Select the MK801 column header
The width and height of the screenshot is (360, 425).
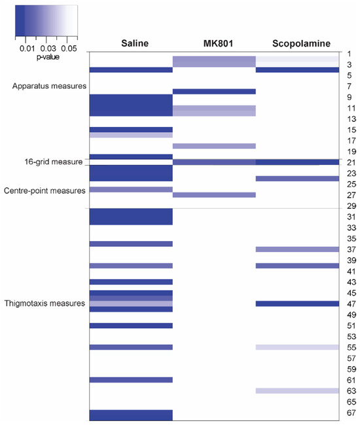click(x=213, y=44)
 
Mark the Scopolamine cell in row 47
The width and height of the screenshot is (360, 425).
click(x=297, y=304)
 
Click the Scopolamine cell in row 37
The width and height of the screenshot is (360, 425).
click(x=297, y=249)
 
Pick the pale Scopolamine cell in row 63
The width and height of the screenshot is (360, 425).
click(x=297, y=391)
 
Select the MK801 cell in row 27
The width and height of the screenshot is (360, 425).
click(x=214, y=194)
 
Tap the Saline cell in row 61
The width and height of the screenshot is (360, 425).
click(x=131, y=380)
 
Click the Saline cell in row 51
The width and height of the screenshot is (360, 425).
click(x=131, y=325)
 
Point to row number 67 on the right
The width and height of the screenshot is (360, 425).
click(x=351, y=413)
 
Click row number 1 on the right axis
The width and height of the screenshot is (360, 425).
click(x=351, y=54)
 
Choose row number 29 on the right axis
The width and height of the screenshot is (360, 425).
click(x=351, y=206)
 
